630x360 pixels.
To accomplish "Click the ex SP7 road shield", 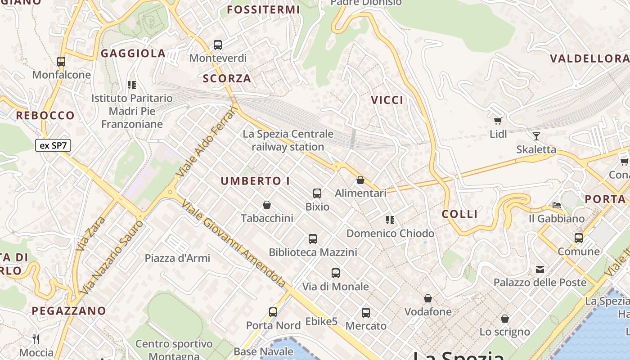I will pos(53,145).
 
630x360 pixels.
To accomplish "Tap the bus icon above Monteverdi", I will pos(218,45).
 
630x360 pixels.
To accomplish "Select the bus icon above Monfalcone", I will pos(61,62).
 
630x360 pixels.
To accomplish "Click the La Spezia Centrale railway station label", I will pos(288,140).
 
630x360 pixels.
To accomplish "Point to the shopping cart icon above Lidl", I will pos(498,121).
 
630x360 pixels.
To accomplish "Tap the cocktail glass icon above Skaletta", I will pos(536,136).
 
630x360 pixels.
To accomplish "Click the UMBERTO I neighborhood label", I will pos(255,181).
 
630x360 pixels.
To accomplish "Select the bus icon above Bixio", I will pos(317,194).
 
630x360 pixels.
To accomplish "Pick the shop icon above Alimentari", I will pos(360,180).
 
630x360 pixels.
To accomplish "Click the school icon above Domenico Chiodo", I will pos(390,220).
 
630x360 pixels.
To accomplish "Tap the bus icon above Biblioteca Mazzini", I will pos(313,239).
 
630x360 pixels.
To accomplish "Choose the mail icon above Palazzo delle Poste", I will pos(540,270).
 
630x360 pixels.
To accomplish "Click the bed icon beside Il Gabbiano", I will pos(557,205).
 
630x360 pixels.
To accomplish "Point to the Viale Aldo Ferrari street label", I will pos(207,141).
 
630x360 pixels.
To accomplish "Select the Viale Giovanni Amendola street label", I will pos(234,243).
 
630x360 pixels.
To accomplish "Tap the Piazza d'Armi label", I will pos(177,258).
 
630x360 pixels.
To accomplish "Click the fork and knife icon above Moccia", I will pos(36,339).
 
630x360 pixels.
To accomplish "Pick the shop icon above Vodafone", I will pos(428,298).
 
